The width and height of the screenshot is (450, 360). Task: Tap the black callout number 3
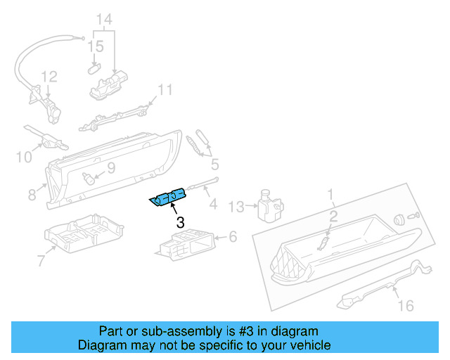coord(181,223)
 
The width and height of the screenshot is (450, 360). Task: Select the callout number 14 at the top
coord(104,20)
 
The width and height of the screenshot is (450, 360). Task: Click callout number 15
coord(96,46)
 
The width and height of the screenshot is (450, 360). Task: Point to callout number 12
coord(48,77)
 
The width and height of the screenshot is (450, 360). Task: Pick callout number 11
coord(165,90)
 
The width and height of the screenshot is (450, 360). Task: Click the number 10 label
coord(24,156)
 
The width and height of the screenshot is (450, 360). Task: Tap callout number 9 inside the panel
coord(111,168)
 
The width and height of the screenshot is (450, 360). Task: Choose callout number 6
coord(233,238)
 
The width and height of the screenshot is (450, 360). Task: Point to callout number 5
coord(214,165)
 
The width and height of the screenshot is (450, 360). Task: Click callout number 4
coord(214,205)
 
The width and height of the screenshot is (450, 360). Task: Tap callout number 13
coord(236,206)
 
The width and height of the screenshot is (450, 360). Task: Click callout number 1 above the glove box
coord(330,193)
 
